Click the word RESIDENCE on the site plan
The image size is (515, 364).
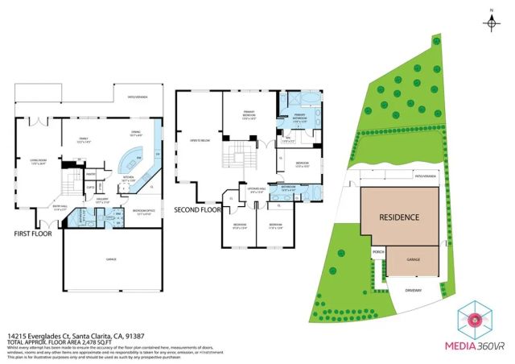(x=399, y=217)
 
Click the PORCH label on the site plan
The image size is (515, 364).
(x=377, y=251)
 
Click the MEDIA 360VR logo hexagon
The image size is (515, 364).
(x=474, y=319)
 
